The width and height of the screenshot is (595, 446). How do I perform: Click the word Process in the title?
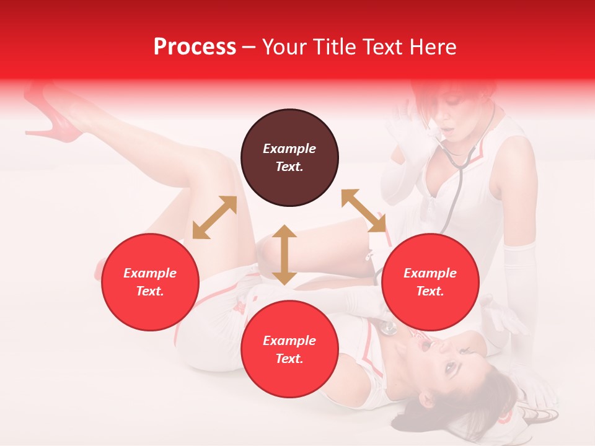[x=195, y=47]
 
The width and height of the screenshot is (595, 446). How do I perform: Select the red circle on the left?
[x=150, y=282]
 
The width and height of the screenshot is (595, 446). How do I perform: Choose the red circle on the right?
[x=430, y=282]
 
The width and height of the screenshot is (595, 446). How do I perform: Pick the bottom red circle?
[x=289, y=349]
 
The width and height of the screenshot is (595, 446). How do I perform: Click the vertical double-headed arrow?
[x=284, y=255]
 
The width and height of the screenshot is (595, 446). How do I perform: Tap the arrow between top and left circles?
[x=214, y=217]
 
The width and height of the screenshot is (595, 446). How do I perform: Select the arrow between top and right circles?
[x=364, y=211]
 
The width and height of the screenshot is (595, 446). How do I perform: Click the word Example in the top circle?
[x=289, y=149]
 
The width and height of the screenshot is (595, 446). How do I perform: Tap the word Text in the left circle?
[x=150, y=291]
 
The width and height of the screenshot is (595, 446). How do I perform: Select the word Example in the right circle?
[x=430, y=273]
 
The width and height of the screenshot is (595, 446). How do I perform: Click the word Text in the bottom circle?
[x=289, y=359]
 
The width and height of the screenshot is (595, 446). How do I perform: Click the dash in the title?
[x=249, y=48]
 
